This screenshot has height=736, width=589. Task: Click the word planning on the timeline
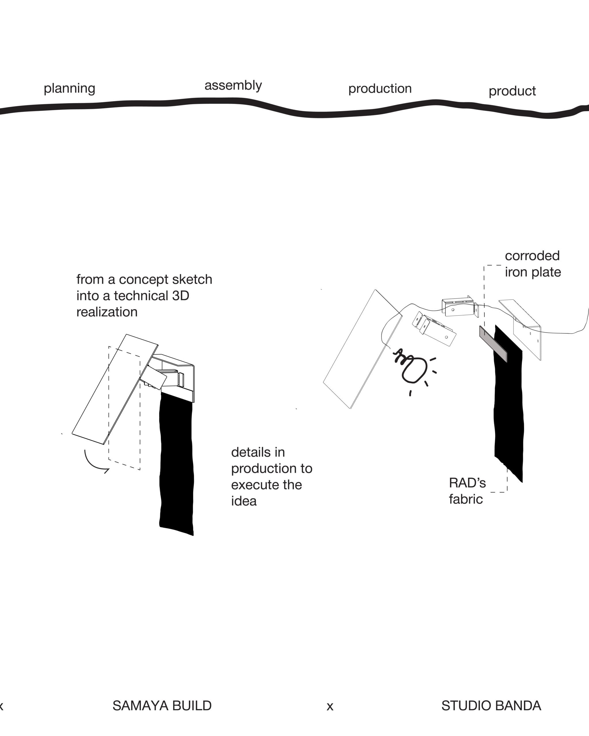(x=69, y=89)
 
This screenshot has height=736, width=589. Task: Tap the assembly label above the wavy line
(x=233, y=85)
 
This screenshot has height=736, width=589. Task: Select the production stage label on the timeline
(x=380, y=89)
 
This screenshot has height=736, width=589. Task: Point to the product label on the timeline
(x=512, y=91)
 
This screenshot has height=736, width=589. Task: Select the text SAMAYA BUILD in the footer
(x=162, y=706)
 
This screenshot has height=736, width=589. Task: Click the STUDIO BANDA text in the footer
(x=491, y=706)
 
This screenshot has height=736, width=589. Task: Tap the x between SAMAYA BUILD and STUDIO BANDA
(x=330, y=706)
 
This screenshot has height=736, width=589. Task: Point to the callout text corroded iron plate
(x=532, y=264)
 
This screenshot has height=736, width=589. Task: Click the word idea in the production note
(x=244, y=501)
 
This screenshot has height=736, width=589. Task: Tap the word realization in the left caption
(x=107, y=312)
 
